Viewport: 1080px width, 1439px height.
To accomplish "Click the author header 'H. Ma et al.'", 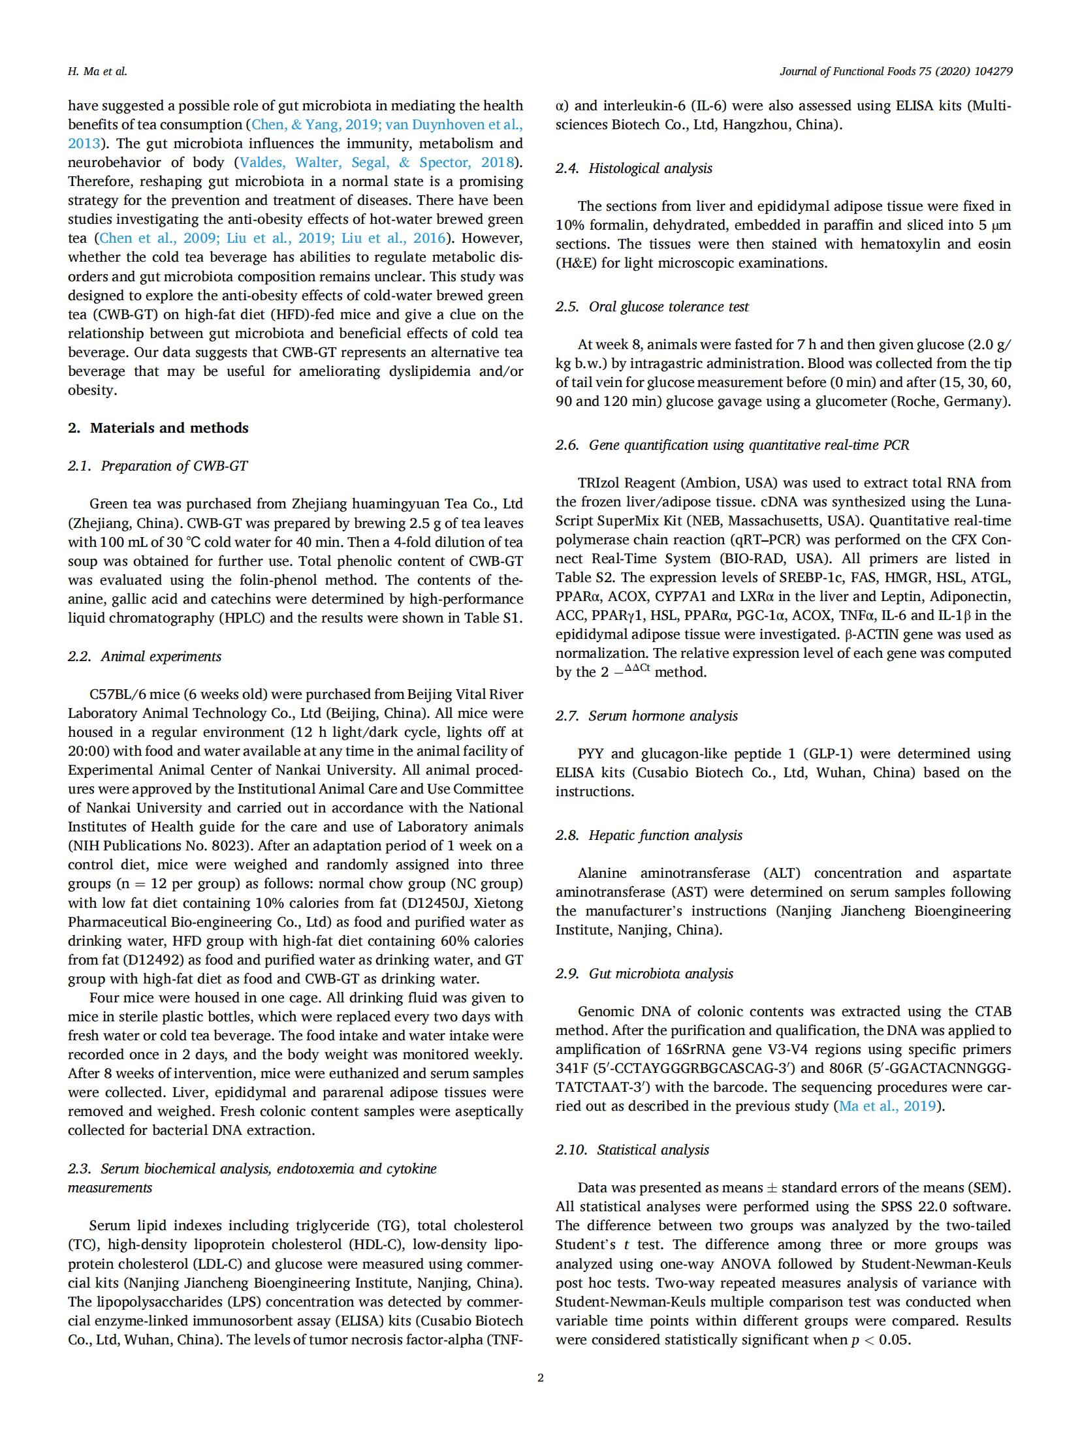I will click(97, 72).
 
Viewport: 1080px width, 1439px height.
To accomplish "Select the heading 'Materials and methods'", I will click(169, 428).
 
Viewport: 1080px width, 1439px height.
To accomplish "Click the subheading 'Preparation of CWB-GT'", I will click(174, 466).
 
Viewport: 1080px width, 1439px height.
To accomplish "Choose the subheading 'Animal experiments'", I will click(161, 657).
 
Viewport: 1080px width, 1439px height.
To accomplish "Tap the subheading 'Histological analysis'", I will click(650, 168).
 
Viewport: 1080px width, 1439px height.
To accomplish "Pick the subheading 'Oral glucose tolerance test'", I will click(668, 307).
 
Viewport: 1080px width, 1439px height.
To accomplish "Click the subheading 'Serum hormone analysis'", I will click(663, 716).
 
